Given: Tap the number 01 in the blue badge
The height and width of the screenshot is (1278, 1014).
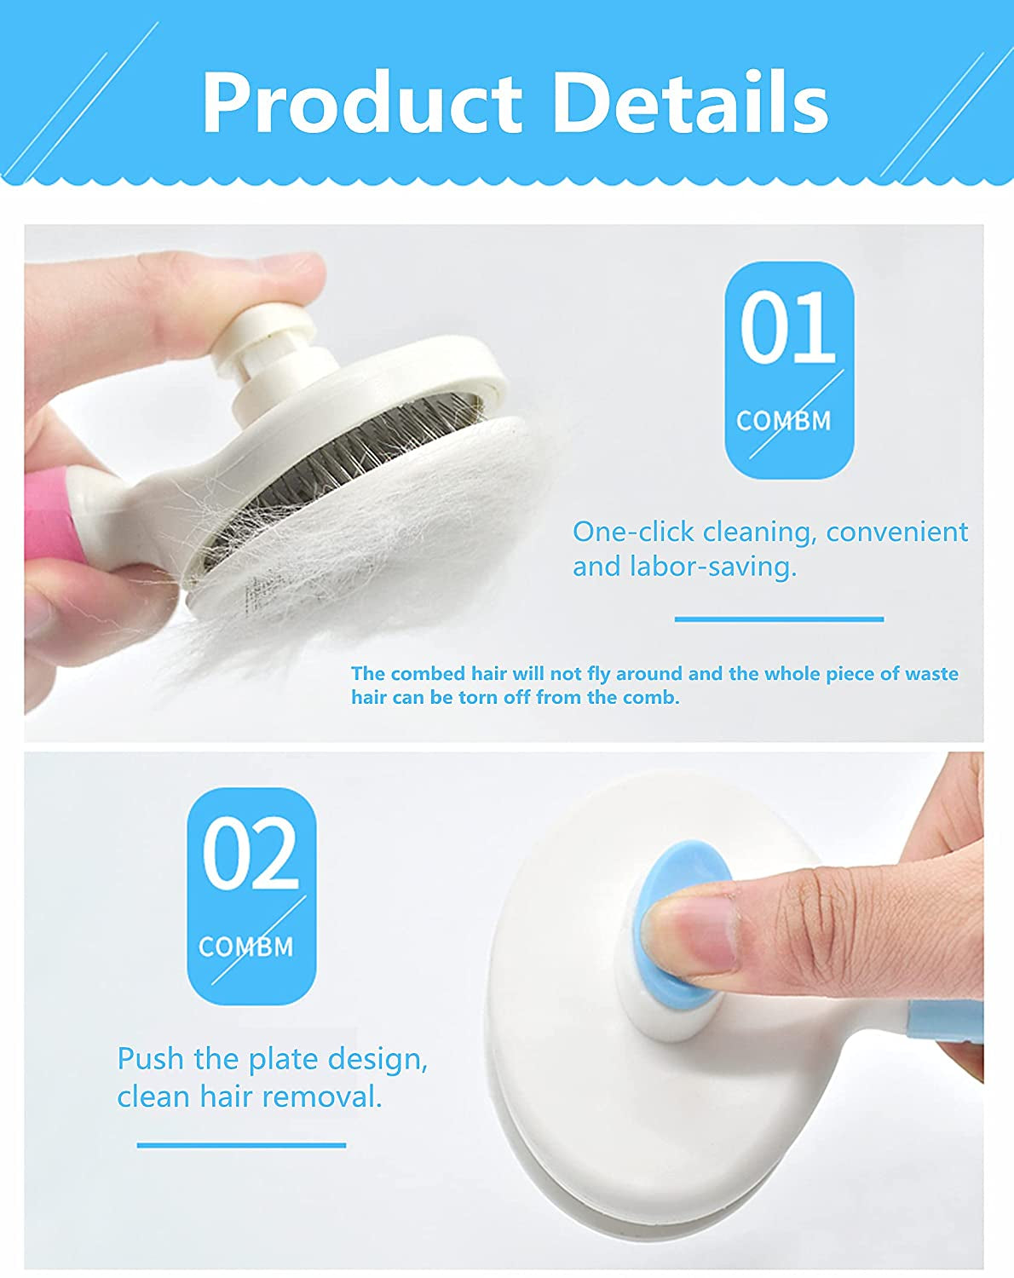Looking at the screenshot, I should tap(787, 328).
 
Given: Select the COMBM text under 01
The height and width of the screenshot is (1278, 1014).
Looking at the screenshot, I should tap(783, 421).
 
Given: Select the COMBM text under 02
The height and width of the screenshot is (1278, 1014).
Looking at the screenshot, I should tap(245, 947).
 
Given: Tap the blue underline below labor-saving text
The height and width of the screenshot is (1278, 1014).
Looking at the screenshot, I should tap(779, 619).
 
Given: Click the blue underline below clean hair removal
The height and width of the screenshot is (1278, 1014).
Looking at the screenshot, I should tap(241, 1145).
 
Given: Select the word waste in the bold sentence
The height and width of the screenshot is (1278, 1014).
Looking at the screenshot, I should tap(931, 674).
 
